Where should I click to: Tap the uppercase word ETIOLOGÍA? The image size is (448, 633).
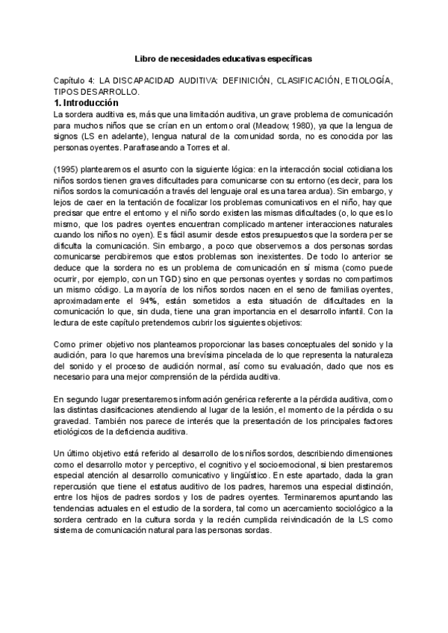(366, 80)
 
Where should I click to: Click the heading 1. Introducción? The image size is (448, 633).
(87, 102)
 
